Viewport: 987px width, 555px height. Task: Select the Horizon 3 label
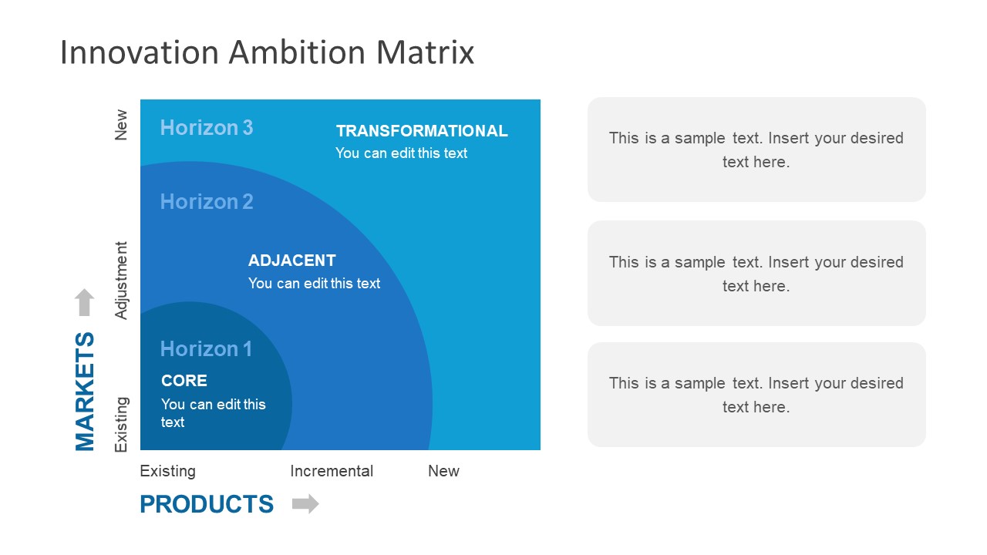(x=206, y=127)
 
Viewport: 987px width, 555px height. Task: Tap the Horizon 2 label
(x=206, y=201)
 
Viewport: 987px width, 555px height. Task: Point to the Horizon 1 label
(x=206, y=348)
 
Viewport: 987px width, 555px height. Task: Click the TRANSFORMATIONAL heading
(x=422, y=131)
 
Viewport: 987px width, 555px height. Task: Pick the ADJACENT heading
(x=291, y=261)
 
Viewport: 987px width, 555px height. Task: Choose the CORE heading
(x=184, y=381)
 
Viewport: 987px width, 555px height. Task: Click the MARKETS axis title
(x=85, y=391)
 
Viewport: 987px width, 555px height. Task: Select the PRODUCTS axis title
(x=207, y=504)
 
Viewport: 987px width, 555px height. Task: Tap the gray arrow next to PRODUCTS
(x=305, y=504)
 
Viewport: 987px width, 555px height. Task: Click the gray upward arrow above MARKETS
(x=85, y=302)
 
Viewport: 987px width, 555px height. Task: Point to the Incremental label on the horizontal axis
(x=332, y=471)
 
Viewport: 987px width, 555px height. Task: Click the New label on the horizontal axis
(x=443, y=471)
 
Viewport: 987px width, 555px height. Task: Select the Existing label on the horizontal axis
(x=168, y=471)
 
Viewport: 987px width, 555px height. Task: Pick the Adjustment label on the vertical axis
(x=121, y=281)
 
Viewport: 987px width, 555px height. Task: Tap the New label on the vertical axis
(x=121, y=125)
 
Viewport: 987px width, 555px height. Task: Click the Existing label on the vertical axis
(x=121, y=424)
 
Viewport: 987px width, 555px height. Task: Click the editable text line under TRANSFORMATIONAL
(x=401, y=153)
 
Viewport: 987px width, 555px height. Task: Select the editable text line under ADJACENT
(x=314, y=284)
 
